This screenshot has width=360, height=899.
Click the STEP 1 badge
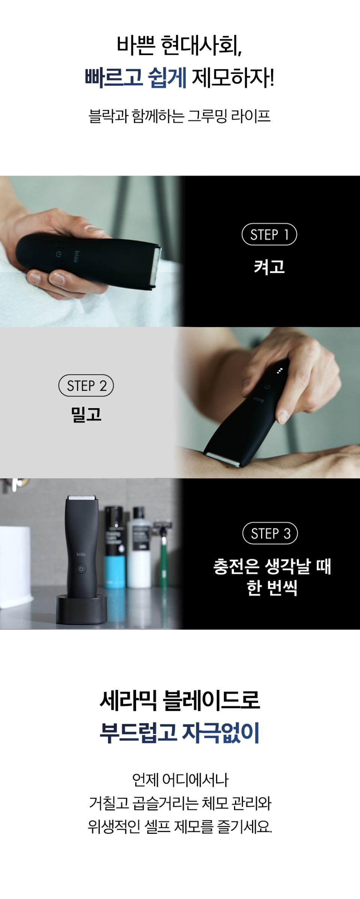point(269,234)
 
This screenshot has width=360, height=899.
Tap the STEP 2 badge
point(86,386)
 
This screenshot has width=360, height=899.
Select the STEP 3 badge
point(270,533)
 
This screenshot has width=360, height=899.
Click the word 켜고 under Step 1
point(269,267)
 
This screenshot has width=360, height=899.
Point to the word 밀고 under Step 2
point(86,414)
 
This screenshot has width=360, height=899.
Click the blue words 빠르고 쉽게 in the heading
point(136,78)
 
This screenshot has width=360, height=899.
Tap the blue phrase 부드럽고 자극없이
point(180,733)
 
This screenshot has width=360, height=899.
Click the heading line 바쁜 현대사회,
point(179,45)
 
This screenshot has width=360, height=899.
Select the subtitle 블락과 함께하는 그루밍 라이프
point(180,116)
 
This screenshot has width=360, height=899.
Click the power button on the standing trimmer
point(81,569)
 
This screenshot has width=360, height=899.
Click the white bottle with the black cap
point(139,547)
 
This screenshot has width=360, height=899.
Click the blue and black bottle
point(114,547)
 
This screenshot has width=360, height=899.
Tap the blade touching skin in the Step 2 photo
point(222,459)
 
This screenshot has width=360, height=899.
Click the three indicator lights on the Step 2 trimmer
point(279,371)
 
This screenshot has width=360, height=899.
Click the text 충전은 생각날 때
point(272,566)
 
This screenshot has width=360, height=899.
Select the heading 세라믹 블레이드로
point(180,700)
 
